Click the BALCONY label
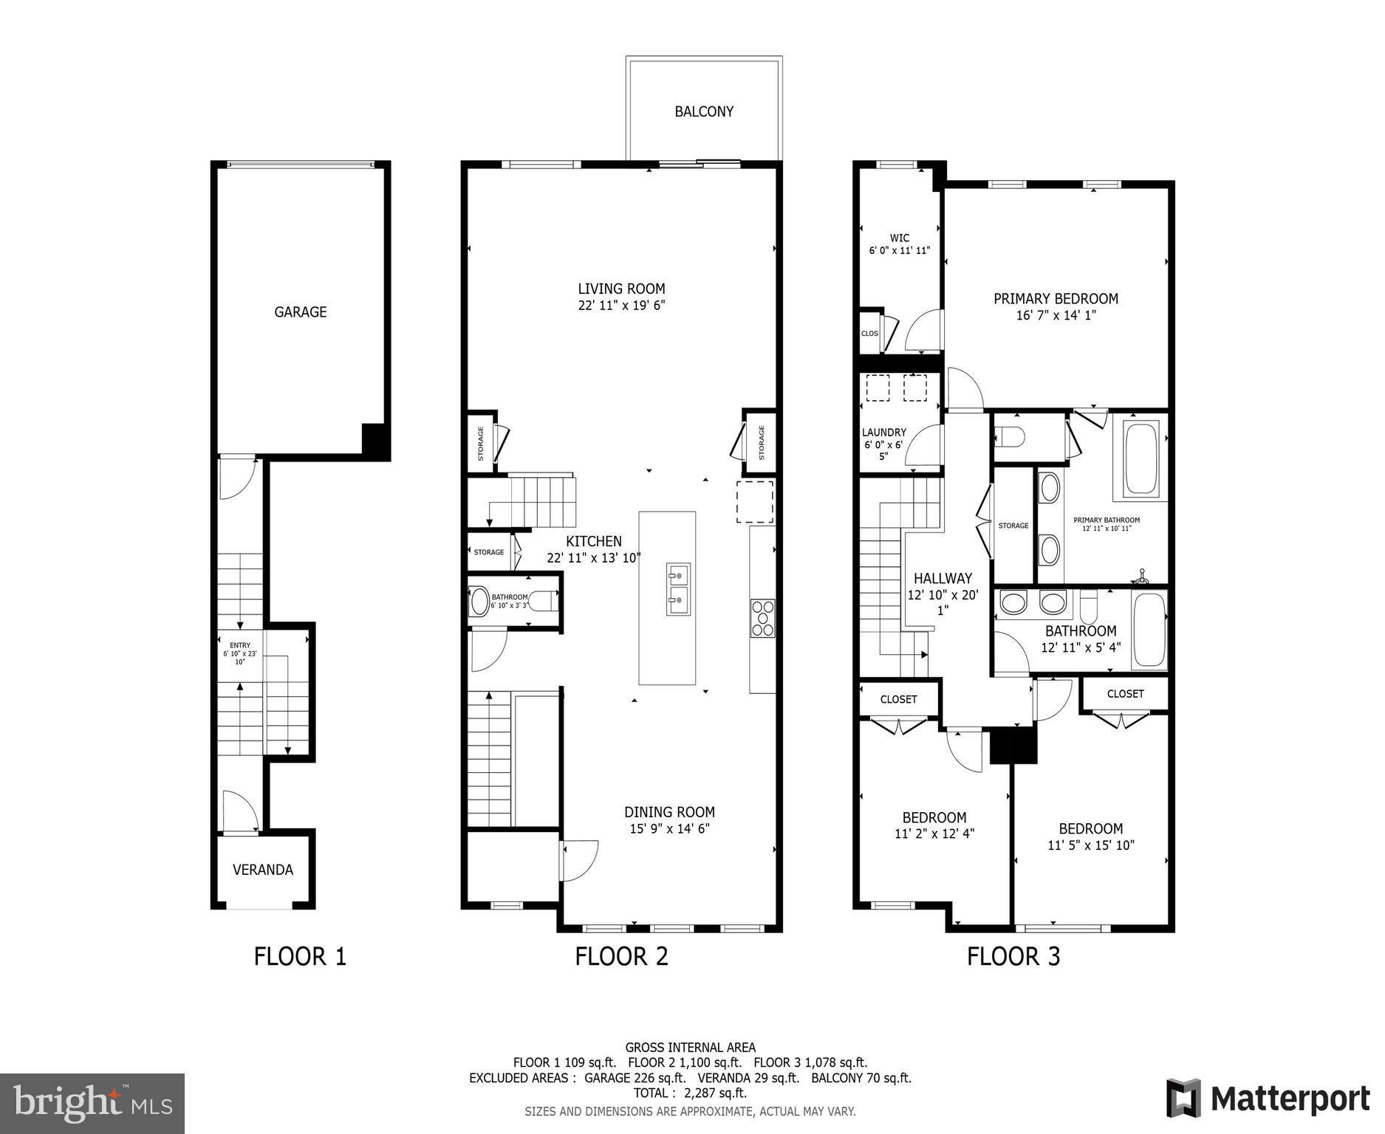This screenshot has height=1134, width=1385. (703, 111)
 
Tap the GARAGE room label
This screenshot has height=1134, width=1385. (300, 312)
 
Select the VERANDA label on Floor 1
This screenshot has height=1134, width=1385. (263, 870)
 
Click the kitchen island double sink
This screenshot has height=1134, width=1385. (678, 588)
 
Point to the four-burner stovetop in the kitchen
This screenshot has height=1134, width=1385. (762, 618)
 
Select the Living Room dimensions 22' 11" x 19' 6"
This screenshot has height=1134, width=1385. (621, 306)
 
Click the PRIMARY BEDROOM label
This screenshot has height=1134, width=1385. (1056, 298)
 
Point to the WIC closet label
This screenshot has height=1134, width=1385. (899, 238)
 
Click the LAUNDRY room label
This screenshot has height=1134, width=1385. (883, 433)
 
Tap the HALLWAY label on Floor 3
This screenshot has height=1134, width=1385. (943, 579)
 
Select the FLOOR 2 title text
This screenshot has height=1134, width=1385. (621, 956)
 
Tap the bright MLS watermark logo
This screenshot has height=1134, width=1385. (92, 1103)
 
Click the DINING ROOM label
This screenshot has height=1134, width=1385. (669, 812)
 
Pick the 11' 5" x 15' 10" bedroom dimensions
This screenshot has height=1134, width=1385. (1090, 845)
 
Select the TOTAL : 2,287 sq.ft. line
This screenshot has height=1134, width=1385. (690, 1093)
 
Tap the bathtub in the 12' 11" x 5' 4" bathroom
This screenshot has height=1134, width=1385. (1149, 630)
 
